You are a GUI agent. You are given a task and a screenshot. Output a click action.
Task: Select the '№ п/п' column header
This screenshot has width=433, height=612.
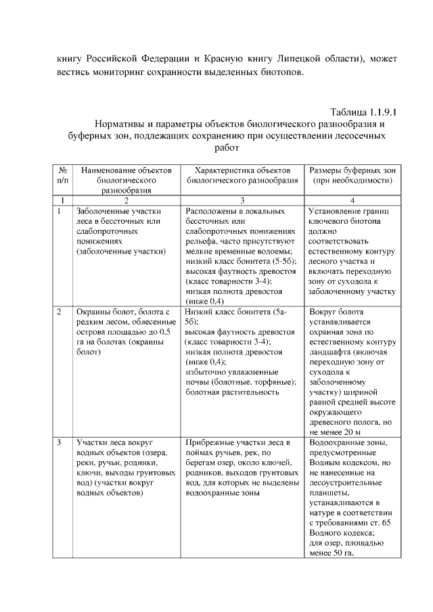62,176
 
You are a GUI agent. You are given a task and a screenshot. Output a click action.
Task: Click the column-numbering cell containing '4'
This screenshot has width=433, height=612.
352,201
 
